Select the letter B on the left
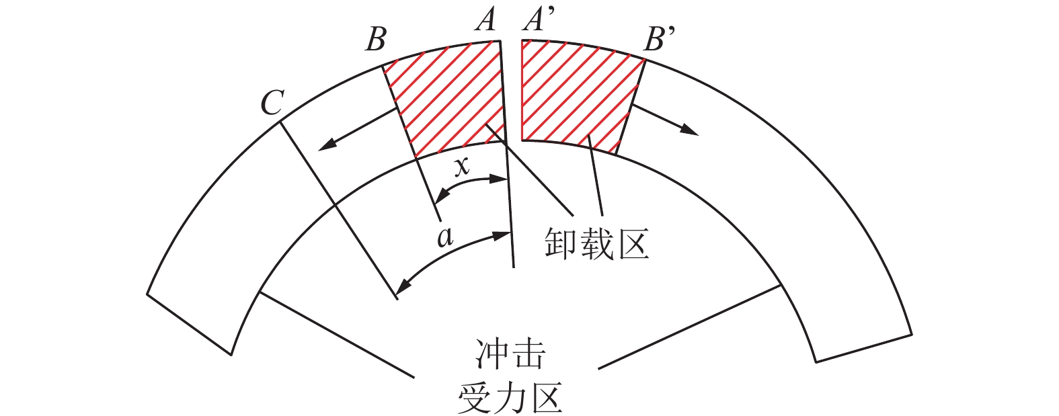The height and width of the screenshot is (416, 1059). click(375, 40)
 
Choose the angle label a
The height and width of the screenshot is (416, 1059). click(444, 236)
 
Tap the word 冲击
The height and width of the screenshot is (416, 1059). click(510, 355)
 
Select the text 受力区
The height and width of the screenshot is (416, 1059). click(510, 397)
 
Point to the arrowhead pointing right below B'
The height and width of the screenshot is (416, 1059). click(690, 130)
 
